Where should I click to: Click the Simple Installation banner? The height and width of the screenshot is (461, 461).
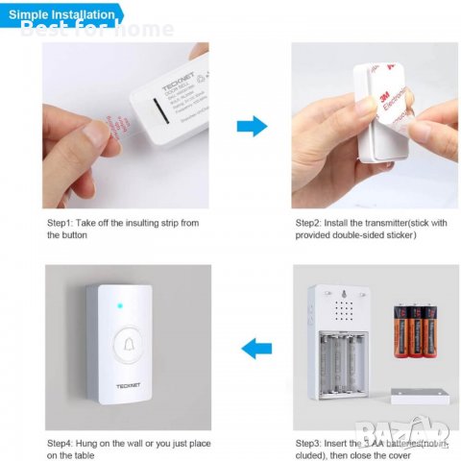click(x=61, y=14)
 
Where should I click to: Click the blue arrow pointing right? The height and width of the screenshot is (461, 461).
click(x=251, y=125)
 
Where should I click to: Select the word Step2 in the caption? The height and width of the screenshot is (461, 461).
click(x=314, y=223)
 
